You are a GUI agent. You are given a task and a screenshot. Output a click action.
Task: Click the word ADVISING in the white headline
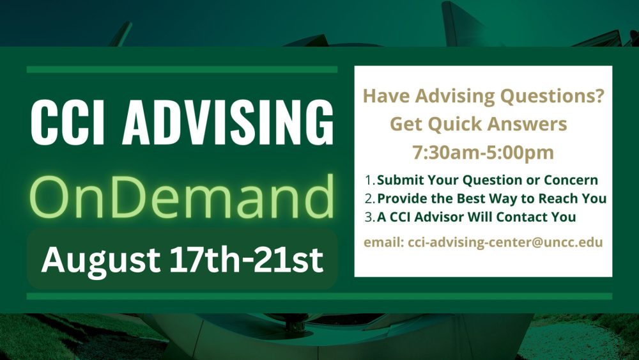[228, 122]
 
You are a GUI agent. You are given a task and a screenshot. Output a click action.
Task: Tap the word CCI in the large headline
[68, 122]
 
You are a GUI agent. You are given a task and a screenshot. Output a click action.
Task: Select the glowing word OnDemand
[181, 196]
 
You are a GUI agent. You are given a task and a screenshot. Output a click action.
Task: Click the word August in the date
[101, 260]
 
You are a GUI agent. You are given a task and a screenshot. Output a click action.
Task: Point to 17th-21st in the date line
[247, 259]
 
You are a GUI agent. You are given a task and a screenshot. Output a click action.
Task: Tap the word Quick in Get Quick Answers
[453, 124]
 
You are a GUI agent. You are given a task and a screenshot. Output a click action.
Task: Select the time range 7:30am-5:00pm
[483, 152]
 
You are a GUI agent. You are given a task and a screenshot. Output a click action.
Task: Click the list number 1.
[369, 180]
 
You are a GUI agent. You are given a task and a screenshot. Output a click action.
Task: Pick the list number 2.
[369, 199]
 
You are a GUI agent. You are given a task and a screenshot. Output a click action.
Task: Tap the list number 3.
[369, 217]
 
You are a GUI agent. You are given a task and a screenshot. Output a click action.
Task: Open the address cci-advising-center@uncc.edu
[505, 242]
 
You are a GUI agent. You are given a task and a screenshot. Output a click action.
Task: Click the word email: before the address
[384, 242]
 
